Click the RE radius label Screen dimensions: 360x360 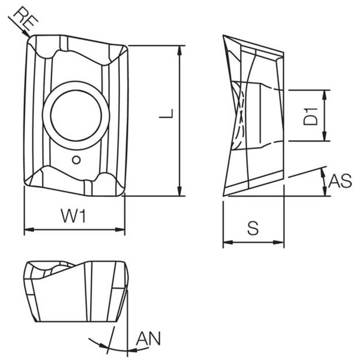[26, 18]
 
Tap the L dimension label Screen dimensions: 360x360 [166, 113]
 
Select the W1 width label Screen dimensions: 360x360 [73, 215]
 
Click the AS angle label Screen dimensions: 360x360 [340, 181]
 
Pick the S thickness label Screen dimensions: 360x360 [253, 228]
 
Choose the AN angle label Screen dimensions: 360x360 [149, 338]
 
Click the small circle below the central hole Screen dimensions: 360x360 [76, 160]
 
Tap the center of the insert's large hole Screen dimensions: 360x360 [76, 115]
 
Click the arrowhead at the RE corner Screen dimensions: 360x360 [26, 34]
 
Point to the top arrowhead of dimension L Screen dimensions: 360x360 [179, 50]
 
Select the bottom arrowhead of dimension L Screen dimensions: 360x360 [179, 191]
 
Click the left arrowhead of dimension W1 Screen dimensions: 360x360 [29, 229]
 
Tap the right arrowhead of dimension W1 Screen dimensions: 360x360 [120, 229]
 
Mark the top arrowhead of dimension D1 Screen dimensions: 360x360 [324, 95]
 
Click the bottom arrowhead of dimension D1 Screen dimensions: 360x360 [324, 136]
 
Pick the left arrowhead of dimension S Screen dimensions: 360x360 [228, 242]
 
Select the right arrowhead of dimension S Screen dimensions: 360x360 [279, 242]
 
